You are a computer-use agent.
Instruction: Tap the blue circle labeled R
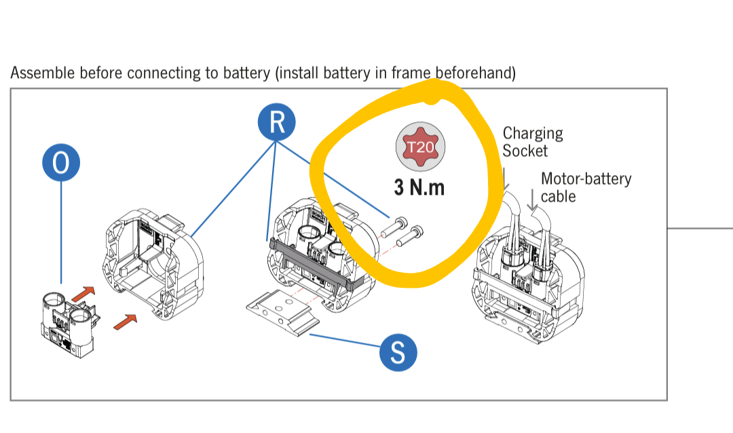pos(276,123)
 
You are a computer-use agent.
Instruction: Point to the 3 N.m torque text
pos(419,187)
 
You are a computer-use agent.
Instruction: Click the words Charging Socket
pos(533,142)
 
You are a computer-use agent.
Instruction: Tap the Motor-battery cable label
pos(586,187)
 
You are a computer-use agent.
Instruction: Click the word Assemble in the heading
pos(42,73)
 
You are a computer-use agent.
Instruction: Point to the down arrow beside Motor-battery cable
pos(533,199)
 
